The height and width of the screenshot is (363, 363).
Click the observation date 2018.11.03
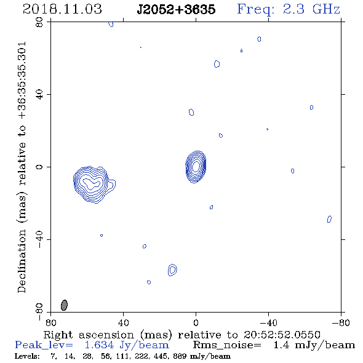pyautogui.click(x=62, y=9)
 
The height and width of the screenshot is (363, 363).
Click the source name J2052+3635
pyautogui.click(x=176, y=9)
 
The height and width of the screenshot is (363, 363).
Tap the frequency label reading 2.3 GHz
pyautogui.click(x=311, y=9)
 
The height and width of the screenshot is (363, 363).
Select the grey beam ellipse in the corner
pyautogui.click(x=64, y=305)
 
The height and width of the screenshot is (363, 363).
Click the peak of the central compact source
pyautogui.click(x=196, y=166)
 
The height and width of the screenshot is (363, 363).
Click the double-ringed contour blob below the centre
pyautogui.click(x=172, y=269)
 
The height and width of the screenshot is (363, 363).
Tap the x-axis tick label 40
pyautogui.click(x=123, y=323)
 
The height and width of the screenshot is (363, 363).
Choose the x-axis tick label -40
pyautogui.click(x=268, y=323)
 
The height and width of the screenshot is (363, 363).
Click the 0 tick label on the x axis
pyautogui.click(x=196, y=323)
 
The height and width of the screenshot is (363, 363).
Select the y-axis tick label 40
pyautogui.click(x=39, y=94)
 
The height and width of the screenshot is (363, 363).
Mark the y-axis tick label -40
pyautogui.click(x=39, y=239)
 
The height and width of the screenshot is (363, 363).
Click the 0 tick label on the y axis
pyautogui.click(x=39, y=167)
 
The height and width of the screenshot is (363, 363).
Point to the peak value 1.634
pyautogui.click(x=99, y=345)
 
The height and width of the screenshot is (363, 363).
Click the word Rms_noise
pyautogui.click(x=227, y=345)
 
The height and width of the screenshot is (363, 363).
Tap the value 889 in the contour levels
pyautogui.click(x=180, y=356)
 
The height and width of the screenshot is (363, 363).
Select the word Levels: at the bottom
pyautogui.click(x=27, y=356)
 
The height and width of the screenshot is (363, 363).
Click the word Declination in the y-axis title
pyautogui.click(x=22, y=261)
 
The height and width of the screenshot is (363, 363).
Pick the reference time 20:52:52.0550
pyautogui.click(x=282, y=335)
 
